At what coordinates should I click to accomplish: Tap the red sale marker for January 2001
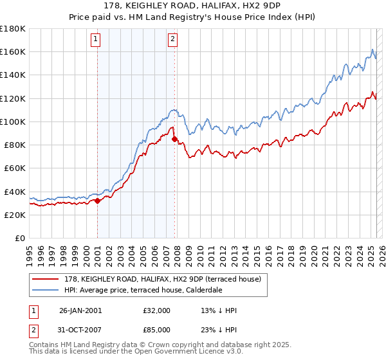[x=97, y=201]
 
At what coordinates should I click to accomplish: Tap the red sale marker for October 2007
[x=174, y=138]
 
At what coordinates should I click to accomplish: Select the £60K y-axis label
[x=14, y=168]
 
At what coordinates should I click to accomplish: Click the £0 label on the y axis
[x=19, y=238]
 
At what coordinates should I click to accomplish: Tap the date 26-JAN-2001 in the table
[x=80, y=310]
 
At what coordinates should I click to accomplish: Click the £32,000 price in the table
[x=157, y=310]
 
